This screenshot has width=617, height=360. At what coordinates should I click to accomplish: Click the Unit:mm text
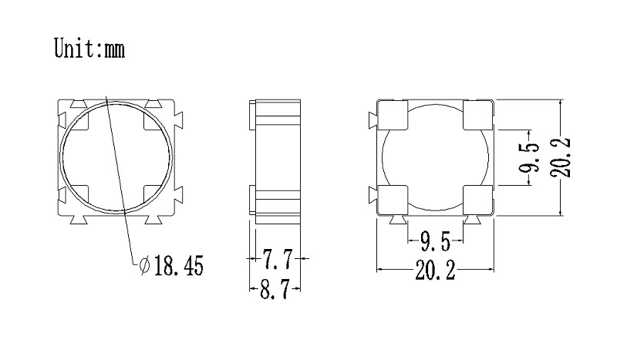pyautogui.click(x=89, y=48)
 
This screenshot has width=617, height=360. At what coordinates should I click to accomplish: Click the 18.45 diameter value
pyautogui.click(x=179, y=266)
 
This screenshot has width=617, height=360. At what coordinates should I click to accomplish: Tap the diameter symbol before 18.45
pyautogui.click(x=145, y=266)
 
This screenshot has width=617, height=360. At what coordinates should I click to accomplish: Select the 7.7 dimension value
pyautogui.click(x=278, y=259)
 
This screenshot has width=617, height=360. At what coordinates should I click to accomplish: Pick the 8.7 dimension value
pyautogui.click(x=275, y=289)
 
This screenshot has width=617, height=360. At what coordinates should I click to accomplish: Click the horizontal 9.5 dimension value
pyautogui.click(x=435, y=241)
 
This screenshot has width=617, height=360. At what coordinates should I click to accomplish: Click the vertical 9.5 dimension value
pyautogui.click(x=528, y=157)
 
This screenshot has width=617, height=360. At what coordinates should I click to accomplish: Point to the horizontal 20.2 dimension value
pyautogui.click(x=435, y=271)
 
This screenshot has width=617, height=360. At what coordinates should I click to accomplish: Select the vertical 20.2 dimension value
pyautogui.click(x=561, y=157)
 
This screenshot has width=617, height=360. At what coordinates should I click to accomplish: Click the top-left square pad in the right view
pyautogui.click(x=393, y=115)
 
